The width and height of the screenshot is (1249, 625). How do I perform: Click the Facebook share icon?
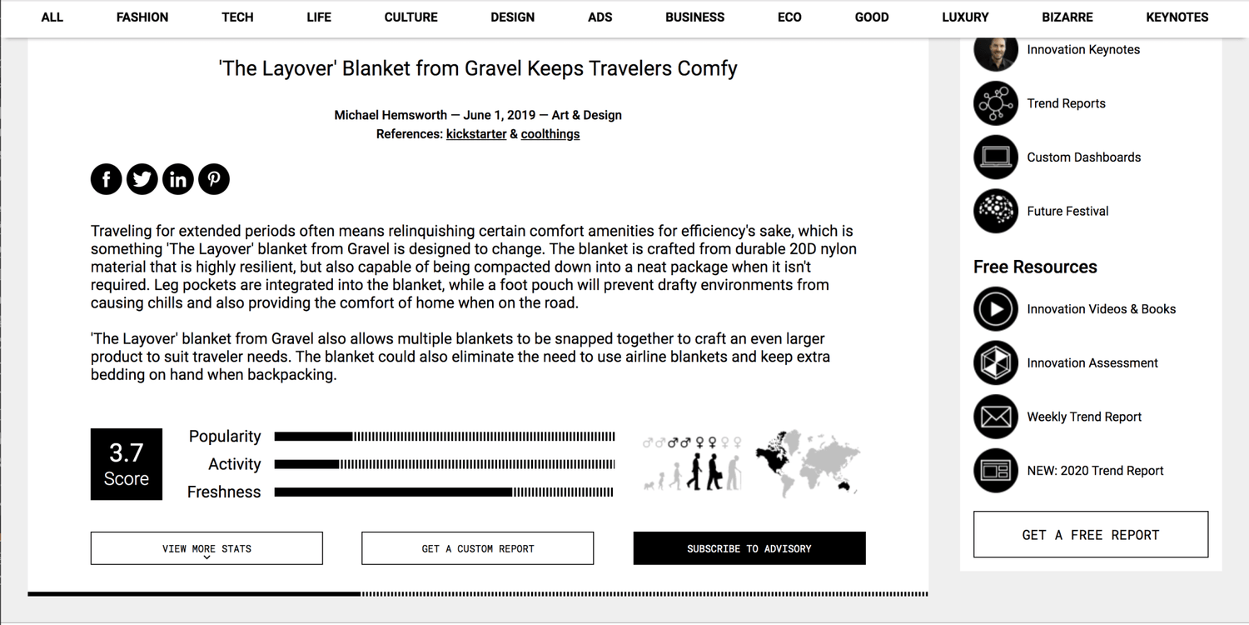[x=107, y=179]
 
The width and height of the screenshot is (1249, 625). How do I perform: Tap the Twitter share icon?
[x=142, y=179]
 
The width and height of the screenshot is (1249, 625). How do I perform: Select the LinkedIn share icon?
[x=178, y=179]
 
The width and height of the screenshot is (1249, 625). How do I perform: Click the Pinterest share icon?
[x=214, y=179]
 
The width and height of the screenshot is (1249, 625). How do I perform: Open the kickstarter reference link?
[x=476, y=134]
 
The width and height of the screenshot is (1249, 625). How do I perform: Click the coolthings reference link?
[x=550, y=134]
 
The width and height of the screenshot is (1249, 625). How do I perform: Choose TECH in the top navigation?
[x=237, y=17]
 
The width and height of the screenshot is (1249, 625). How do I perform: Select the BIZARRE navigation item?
[x=1067, y=17]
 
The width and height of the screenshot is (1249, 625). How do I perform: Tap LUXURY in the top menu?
[x=965, y=17]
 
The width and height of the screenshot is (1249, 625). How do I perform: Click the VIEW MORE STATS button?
[x=207, y=548]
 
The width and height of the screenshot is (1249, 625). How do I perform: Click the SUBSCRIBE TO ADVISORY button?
[x=749, y=548]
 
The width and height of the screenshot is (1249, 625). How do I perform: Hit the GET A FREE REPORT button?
[x=1091, y=535]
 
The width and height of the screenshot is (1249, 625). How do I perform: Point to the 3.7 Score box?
[x=127, y=464]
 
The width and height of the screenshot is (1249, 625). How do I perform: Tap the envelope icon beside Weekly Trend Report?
[x=996, y=417]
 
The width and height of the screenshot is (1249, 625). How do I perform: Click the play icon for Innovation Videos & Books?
[x=996, y=309]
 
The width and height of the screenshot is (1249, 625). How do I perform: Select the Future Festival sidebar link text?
[x=1067, y=212]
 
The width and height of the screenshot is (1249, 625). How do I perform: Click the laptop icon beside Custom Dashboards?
[x=996, y=157]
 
